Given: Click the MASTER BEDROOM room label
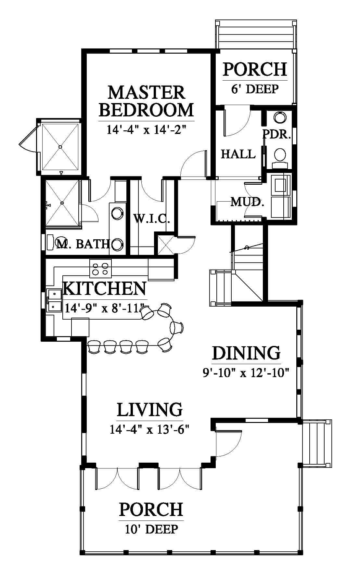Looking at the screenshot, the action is (146, 101).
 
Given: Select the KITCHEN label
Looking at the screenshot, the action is (104, 288).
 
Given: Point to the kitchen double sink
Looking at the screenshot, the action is (54, 300).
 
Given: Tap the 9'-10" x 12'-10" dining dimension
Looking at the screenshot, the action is (246, 372).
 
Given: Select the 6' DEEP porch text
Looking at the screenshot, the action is (255, 89).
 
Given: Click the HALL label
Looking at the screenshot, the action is (238, 154).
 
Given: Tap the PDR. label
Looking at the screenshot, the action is (277, 134).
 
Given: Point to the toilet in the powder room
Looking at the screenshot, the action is (280, 158).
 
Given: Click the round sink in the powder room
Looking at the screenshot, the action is (280, 117).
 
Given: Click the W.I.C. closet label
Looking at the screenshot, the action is (152, 218).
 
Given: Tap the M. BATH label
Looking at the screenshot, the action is (82, 244).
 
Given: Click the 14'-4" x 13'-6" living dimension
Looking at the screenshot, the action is (150, 430).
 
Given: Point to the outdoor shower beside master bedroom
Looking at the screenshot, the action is (60, 147).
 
